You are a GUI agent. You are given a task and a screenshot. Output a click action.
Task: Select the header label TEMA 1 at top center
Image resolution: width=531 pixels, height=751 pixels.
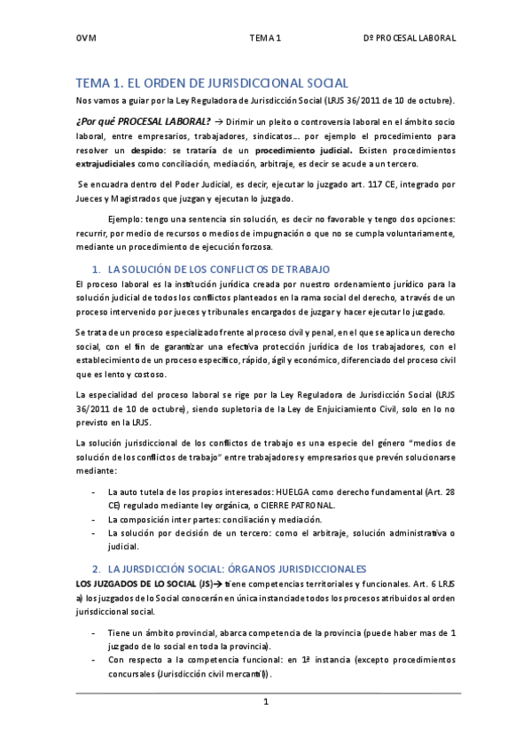(x=265, y=39)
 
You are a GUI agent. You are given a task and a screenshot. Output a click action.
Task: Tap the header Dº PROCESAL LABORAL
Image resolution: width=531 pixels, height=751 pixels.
(x=410, y=39)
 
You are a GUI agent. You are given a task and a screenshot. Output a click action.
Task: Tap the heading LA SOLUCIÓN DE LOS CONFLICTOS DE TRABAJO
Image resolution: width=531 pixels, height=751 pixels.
(x=218, y=267)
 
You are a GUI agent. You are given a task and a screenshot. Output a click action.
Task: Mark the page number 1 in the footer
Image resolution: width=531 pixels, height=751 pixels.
(x=265, y=701)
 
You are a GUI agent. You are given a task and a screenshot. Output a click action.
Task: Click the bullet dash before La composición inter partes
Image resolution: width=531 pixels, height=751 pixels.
(x=94, y=519)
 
